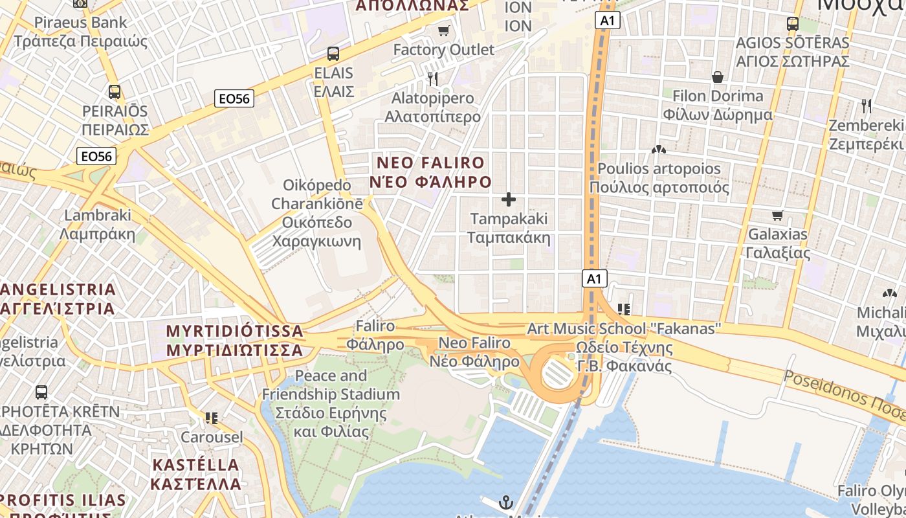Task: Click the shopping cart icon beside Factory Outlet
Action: pos(443,30)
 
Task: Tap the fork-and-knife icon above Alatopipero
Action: pos(433,79)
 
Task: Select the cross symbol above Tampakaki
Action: pos(509,199)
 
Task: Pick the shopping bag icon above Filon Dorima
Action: pos(718,77)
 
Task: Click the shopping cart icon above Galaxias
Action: pos(777,215)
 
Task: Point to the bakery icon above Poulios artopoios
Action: pos(659,150)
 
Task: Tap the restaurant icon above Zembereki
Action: pos(866,106)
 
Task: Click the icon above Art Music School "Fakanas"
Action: pos(624,310)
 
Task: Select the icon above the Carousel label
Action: pos(211,418)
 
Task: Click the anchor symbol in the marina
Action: pos(506,502)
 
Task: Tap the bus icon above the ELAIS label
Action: pos(333,54)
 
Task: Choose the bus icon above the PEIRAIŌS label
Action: pos(115,92)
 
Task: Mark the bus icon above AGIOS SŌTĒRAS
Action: pos(793,24)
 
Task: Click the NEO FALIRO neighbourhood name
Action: pos(430,172)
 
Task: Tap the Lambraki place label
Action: pos(97,224)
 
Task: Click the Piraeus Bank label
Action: pos(81,32)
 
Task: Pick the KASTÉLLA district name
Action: pos(195,474)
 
